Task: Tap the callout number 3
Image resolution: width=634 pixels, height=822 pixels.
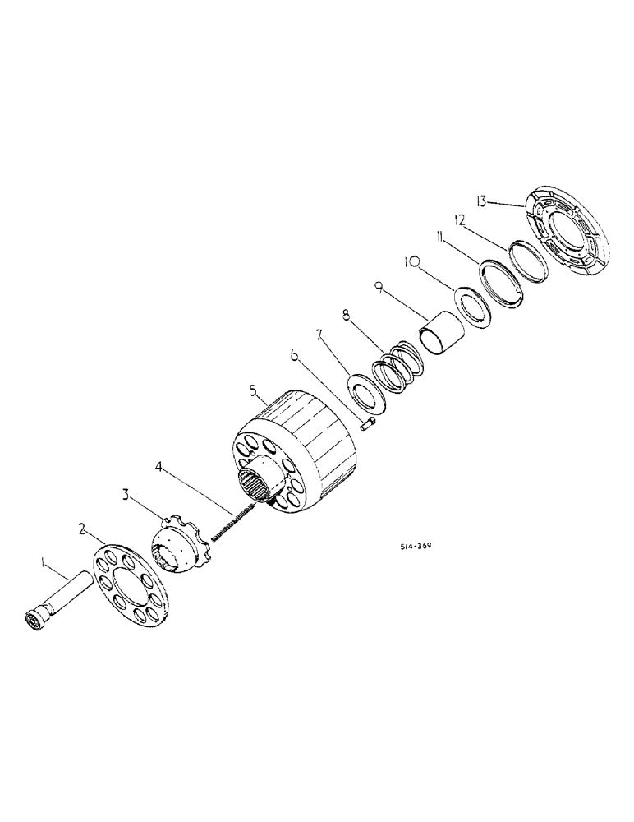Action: [x=126, y=495]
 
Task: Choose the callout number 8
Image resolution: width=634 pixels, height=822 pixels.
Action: [x=346, y=313]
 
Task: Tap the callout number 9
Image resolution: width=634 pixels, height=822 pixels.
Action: [x=379, y=287]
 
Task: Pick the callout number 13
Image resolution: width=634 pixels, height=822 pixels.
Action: [x=482, y=200]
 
